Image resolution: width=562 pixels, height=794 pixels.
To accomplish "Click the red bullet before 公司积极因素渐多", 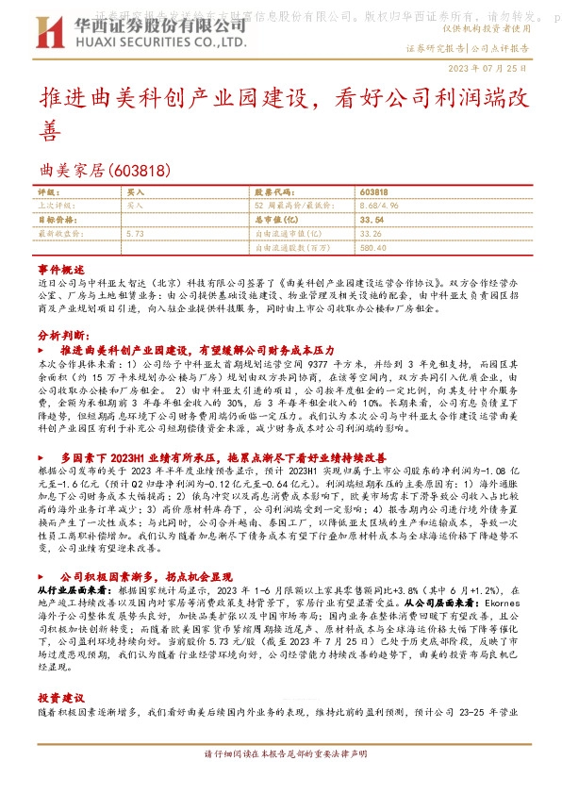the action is tap(44, 548).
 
